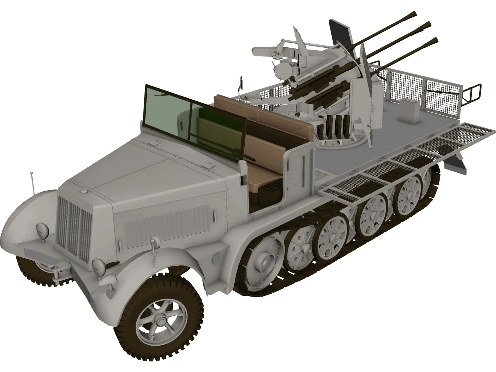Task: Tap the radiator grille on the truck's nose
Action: [x=74, y=226]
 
